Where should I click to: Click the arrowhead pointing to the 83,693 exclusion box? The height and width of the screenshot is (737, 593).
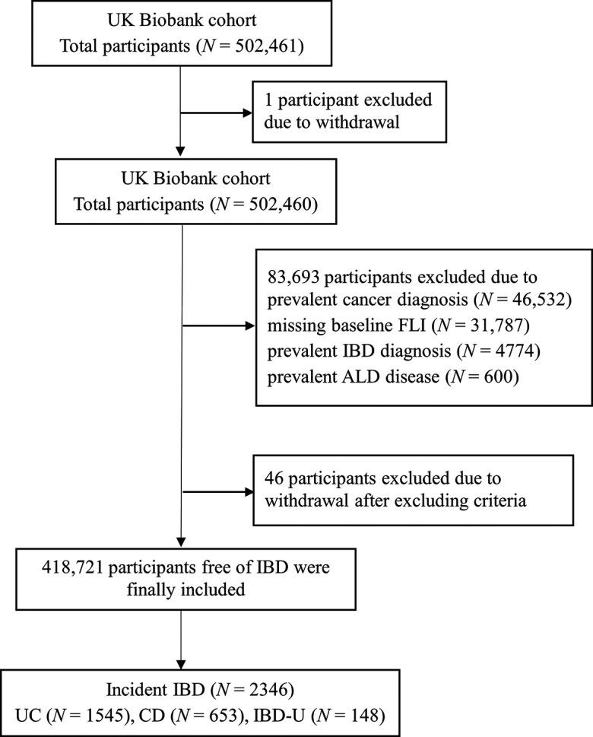point(251,327)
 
